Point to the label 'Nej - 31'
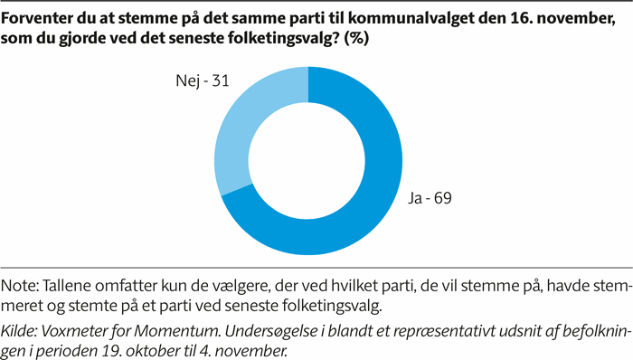(x=201, y=81)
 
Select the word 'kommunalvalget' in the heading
(x=398, y=16)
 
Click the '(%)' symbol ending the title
(x=355, y=38)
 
